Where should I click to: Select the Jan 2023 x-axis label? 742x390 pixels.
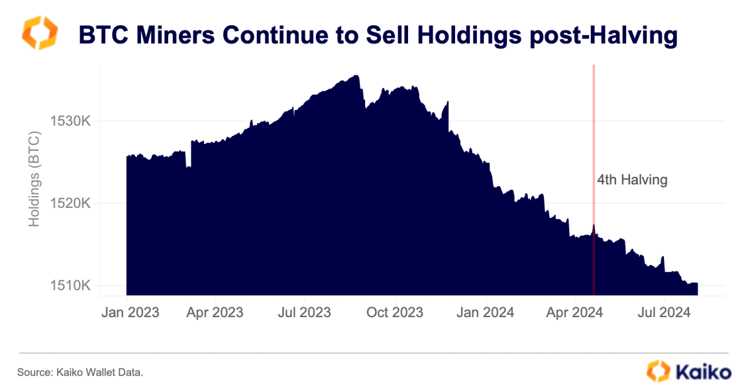click(130, 312)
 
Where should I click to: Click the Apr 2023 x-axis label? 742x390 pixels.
click(215, 312)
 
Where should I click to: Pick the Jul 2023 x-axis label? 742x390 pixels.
click(304, 312)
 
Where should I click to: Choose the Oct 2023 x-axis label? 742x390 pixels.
click(394, 312)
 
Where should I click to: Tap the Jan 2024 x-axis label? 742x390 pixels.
click(485, 312)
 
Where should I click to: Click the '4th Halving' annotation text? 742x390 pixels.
click(631, 179)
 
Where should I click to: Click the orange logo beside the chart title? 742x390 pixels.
click(40, 34)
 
